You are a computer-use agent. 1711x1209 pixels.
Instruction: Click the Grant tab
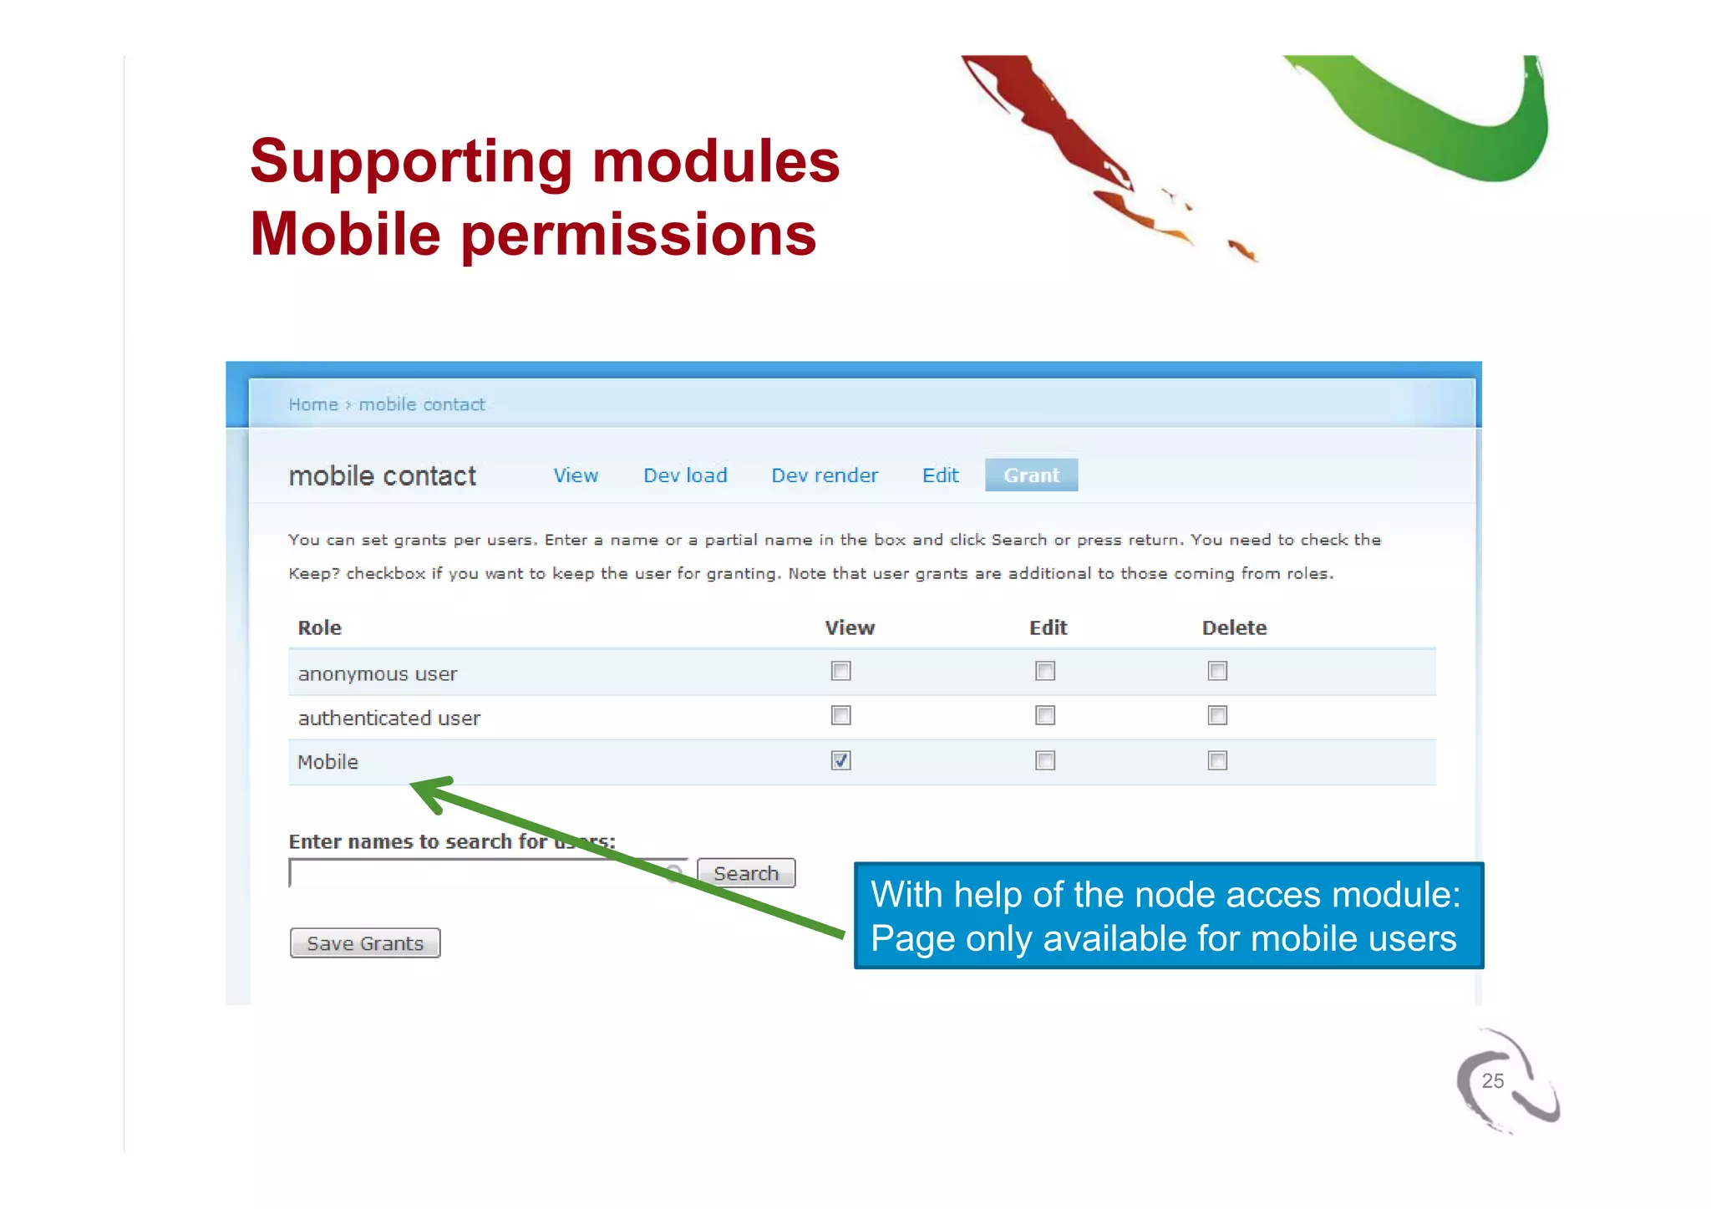point(1031,475)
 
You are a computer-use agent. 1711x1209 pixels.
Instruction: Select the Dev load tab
point(685,475)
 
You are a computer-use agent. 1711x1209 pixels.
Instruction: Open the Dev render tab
point(825,475)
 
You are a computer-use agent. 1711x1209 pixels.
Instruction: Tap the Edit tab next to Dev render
point(940,475)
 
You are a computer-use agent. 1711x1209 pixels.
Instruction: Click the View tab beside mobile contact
point(576,475)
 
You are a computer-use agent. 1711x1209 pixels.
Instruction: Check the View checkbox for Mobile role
point(840,760)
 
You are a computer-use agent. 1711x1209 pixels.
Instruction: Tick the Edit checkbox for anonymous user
point(1045,671)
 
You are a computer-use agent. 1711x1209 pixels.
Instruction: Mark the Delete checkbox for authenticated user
point(1217,715)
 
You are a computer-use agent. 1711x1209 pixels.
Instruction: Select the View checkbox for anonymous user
point(840,671)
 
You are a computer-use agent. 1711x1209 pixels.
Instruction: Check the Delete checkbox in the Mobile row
point(1217,760)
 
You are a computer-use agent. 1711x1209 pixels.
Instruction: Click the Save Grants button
point(365,943)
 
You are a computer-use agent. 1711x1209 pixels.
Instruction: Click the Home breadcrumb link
point(313,404)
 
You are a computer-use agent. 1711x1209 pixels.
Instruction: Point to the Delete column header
point(1234,627)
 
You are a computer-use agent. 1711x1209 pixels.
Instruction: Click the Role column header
point(320,627)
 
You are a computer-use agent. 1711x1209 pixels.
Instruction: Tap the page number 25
point(1492,1080)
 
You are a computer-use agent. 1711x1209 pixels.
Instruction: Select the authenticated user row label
point(389,718)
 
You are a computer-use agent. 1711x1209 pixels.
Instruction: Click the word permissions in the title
point(638,235)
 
